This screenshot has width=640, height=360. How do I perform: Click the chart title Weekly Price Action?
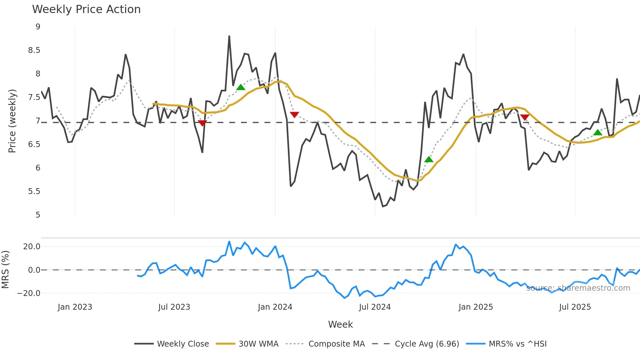tap(86, 9)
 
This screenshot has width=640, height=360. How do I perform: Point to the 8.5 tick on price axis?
tap(34, 50)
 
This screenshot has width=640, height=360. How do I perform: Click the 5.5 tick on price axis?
tap(34, 191)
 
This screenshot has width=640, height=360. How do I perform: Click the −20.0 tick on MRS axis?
tap(29, 293)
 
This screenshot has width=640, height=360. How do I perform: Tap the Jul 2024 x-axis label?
tap(375, 307)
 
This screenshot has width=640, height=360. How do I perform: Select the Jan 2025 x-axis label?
tap(475, 307)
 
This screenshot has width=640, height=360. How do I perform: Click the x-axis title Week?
tap(340, 324)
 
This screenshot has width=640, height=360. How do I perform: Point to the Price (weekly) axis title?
tap(12, 121)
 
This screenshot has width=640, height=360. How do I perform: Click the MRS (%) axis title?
tap(6, 270)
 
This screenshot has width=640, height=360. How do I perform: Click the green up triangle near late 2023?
tap(241, 87)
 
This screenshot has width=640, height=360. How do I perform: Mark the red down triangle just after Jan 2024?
tap(294, 115)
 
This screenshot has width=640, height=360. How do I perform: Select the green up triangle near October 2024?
tap(429, 159)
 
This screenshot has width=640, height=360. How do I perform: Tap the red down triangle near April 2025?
tap(525, 117)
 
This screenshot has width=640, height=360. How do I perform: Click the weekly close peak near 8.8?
tap(229, 36)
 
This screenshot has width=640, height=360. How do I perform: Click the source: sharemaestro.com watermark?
tap(578, 288)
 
